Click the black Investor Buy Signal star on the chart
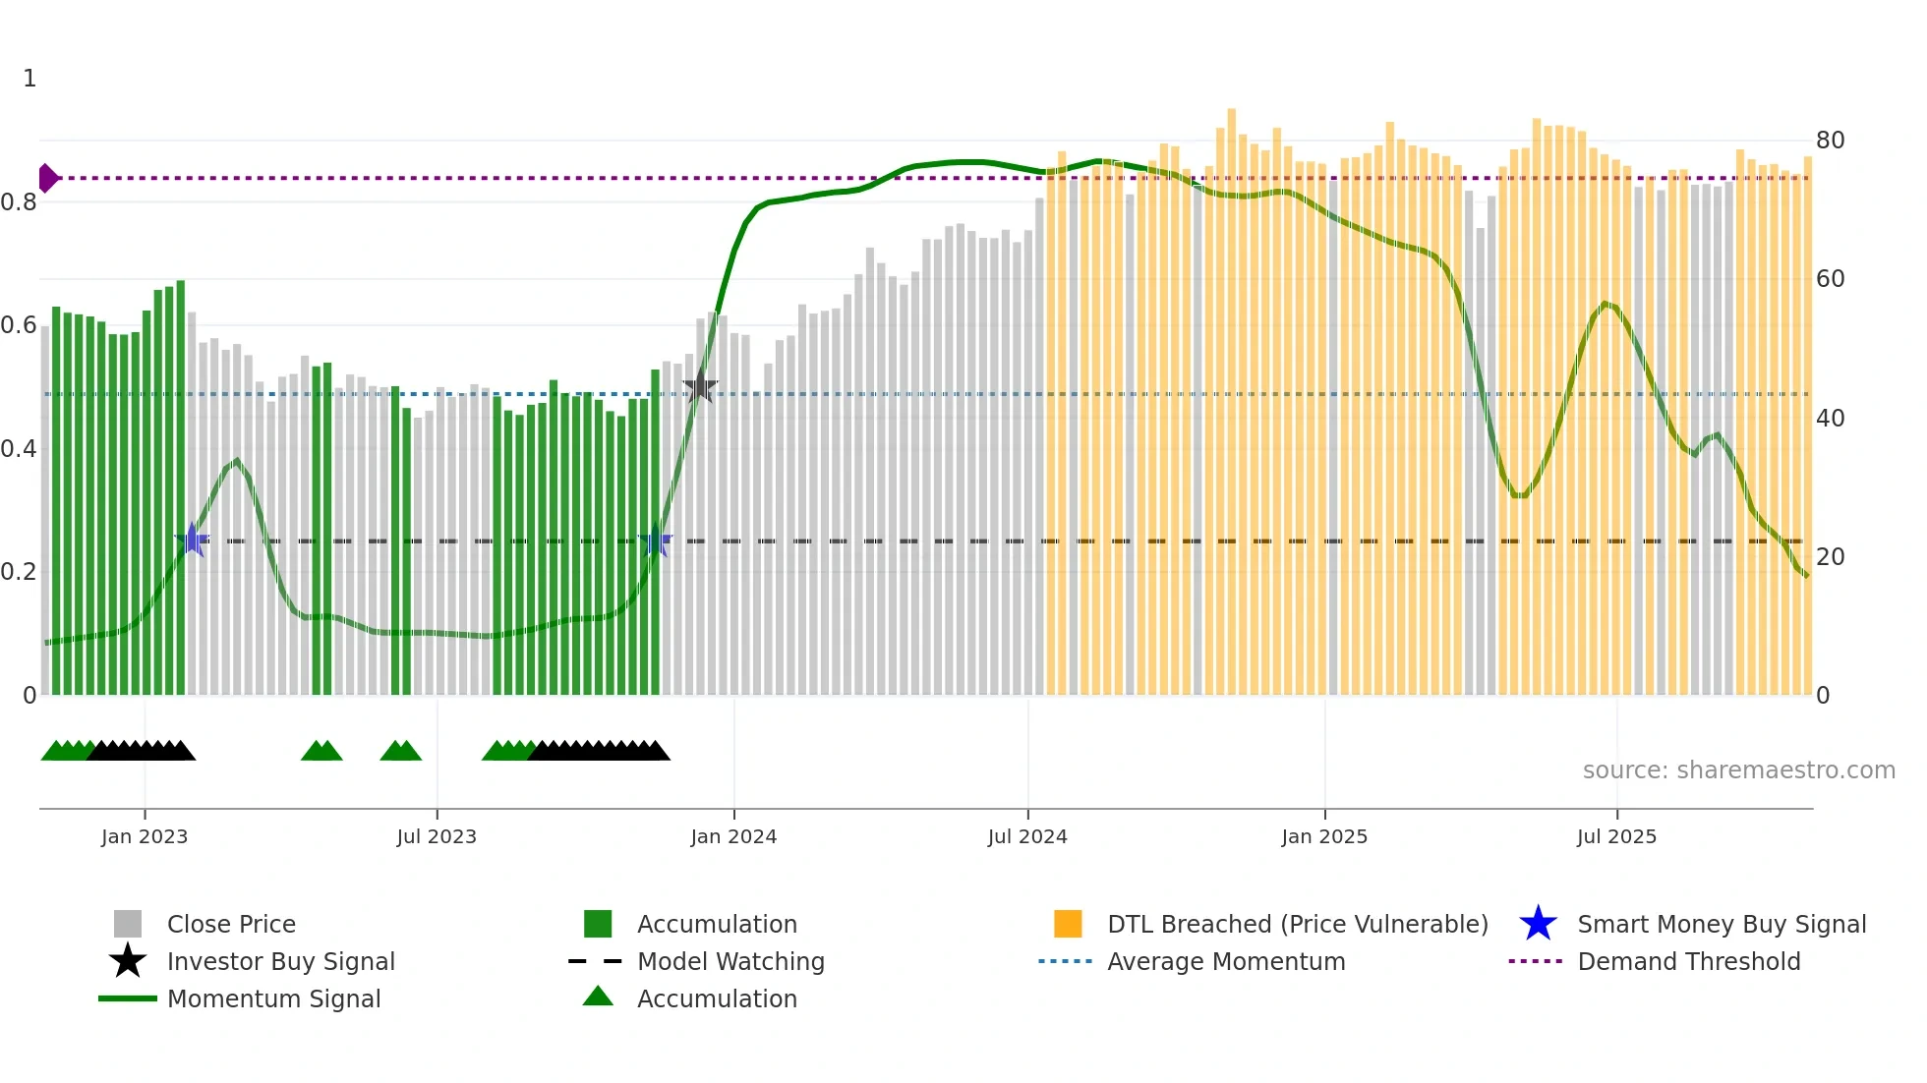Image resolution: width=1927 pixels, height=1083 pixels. (x=700, y=387)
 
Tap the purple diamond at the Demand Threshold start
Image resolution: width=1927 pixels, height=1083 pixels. (x=47, y=178)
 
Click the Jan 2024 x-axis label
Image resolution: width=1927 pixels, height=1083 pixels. (x=733, y=836)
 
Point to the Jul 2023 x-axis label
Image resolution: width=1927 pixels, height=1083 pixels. (x=437, y=836)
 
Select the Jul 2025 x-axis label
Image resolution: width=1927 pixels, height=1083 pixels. (x=1616, y=836)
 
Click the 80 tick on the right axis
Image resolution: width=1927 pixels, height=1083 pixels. (x=1830, y=141)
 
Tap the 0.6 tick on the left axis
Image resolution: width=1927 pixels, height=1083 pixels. (x=19, y=325)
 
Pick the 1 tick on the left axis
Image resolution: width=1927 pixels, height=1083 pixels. (x=29, y=79)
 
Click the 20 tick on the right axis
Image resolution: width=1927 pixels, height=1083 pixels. (x=1830, y=557)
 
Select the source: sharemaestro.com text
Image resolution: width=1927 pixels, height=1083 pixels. (x=1738, y=769)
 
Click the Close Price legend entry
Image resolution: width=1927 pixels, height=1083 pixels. (x=231, y=924)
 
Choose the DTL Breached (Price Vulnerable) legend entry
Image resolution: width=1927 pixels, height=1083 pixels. (x=1297, y=924)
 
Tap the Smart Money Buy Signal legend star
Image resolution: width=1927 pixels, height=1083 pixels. (x=1538, y=924)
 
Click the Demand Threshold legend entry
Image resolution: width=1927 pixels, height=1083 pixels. (x=1688, y=961)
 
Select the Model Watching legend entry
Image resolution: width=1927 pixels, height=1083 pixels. (x=730, y=961)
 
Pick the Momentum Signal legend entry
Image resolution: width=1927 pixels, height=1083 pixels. (x=273, y=998)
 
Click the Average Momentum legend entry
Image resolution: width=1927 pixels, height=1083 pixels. (x=1225, y=961)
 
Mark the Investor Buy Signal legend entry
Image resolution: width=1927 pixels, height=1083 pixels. (x=280, y=961)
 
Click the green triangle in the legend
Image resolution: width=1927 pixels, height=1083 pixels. (x=598, y=997)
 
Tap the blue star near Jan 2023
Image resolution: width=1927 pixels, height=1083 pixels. (x=192, y=540)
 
